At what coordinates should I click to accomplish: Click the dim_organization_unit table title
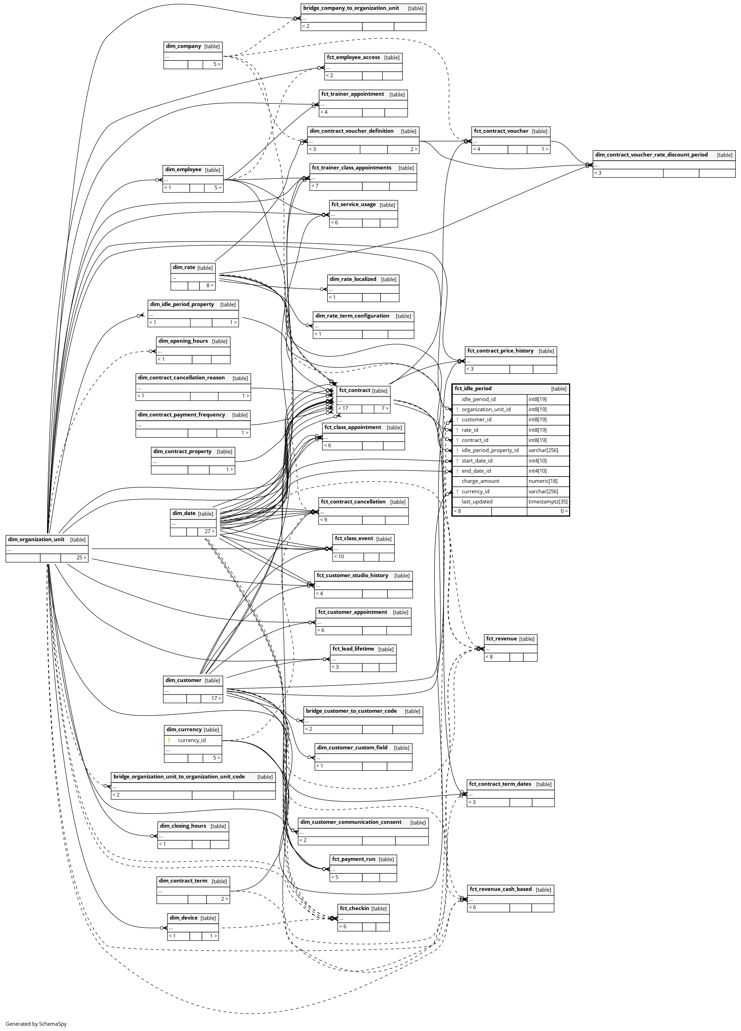click(x=36, y=539)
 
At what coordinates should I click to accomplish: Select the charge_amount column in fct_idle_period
click(x=480, y=481)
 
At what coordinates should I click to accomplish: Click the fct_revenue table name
click(x=501, y=639)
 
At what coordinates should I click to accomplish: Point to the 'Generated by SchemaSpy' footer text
click(x=36, y=1024)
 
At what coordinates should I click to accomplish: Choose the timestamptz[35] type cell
click(x=547, y=502)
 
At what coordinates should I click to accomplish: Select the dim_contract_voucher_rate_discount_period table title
click(x=651, y=155)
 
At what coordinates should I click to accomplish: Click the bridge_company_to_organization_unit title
click(x=351, y=8)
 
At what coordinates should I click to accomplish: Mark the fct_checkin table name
click(x=354, y=908)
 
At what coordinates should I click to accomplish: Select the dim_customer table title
click(x=183, y=680)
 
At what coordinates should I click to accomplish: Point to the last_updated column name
click(x=477, y=502)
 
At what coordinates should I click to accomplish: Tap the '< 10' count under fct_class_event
click(x=339, y=557)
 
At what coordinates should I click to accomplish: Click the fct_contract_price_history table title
click(x=500, y=351)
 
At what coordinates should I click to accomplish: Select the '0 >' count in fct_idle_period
click(x=563, y=511)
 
